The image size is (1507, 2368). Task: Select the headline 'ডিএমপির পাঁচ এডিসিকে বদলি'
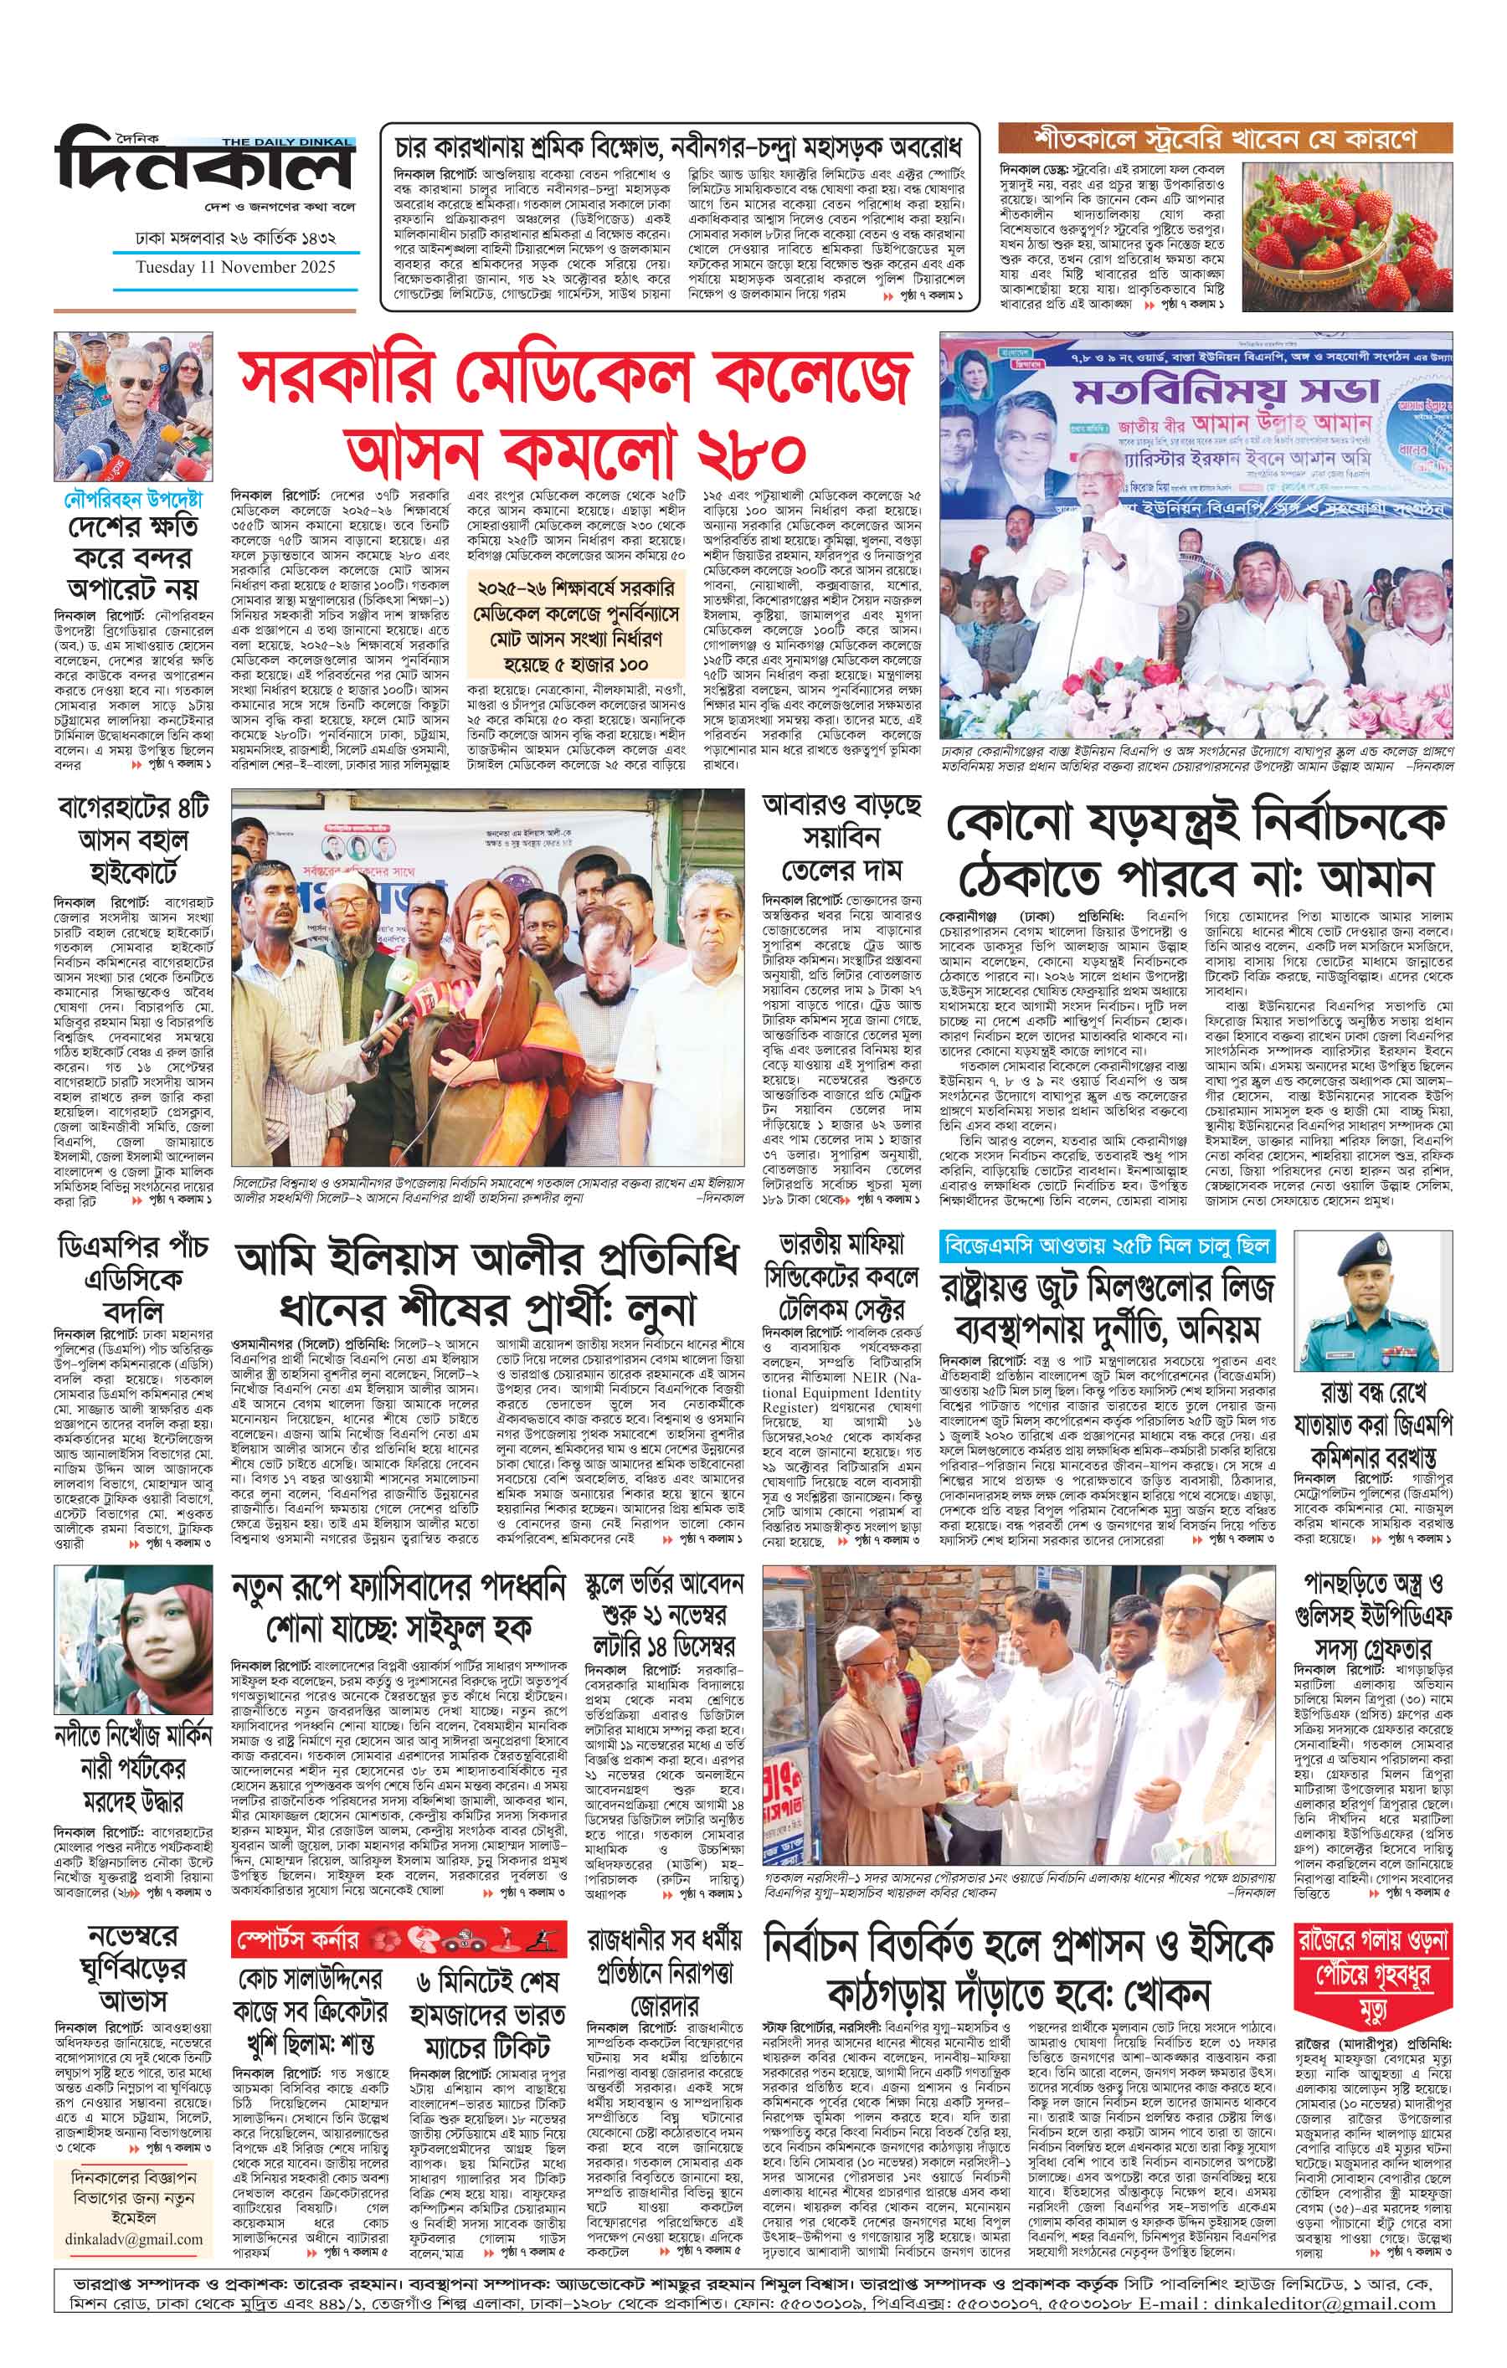pos(131,1278)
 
